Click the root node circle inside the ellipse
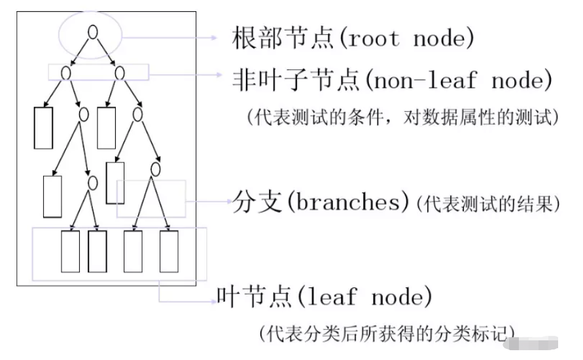pos(93,31)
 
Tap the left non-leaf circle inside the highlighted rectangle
pos(66,72)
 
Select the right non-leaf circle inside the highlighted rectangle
pos(120,72)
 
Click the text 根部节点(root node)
pos(352,38)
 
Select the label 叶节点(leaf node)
pos(325,298)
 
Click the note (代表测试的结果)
pos(487,204)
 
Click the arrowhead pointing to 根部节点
pos(213,38)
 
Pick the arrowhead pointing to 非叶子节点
pos(221,75)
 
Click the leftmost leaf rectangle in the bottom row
pos(70,251)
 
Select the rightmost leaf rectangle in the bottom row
pos(169,251)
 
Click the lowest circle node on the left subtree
pos(92,183)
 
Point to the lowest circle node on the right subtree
pos(155,170)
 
